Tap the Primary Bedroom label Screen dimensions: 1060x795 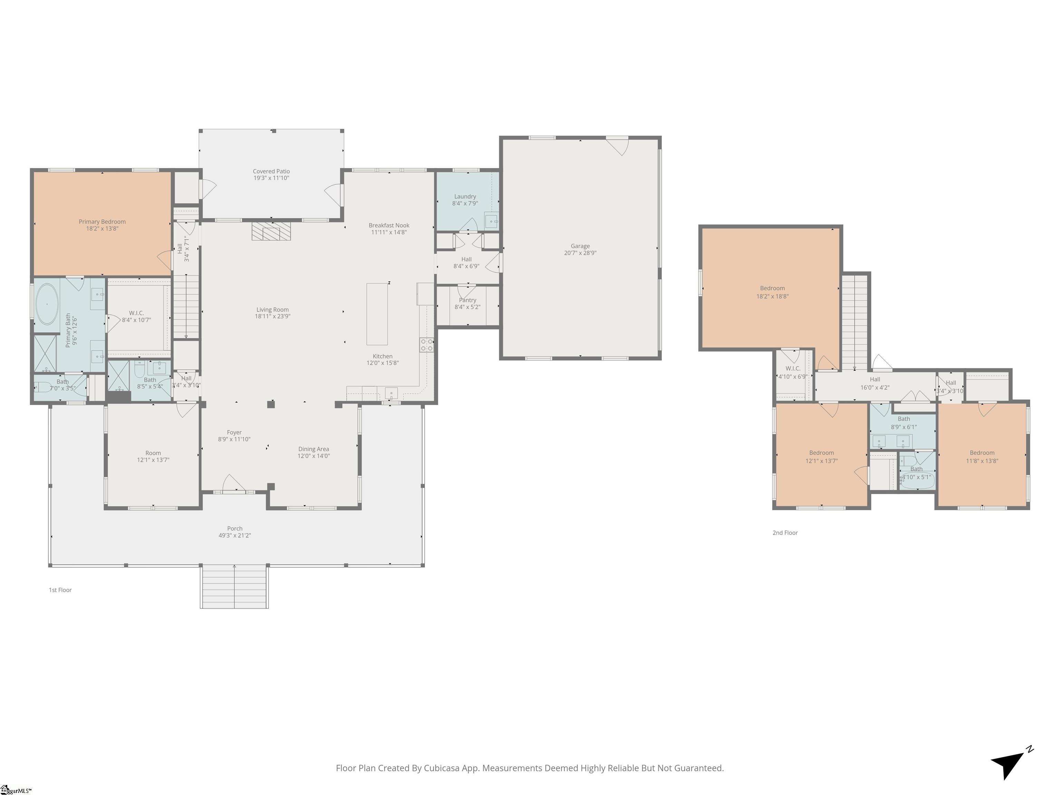pyautogui.click(x=102, y=222)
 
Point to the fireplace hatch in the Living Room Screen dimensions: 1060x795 pyautogui.click(x=271, y=231)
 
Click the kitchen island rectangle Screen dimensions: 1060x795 pyautogui.click(x=377, y=314)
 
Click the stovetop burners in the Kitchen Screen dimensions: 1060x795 pyautogui.click(x=426, y=345)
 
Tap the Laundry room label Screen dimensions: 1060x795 pyautogui.click(x=465, y=196)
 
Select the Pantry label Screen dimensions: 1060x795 pyautogui.click(x=467, y=300)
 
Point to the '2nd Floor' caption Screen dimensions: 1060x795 pyautogui.click(x=785, y=533)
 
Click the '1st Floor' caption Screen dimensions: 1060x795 pyautogui.click(x=60, y=590)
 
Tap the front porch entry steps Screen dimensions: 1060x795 pyautogui.click(x=234, y=587)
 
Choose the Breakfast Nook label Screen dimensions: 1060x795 pyautogui.click(x=389, y=225)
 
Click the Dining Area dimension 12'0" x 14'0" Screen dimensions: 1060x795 pyautogui.click(x=313, y=456)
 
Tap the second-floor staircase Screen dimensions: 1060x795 pyautogui.click(x=855, y=321)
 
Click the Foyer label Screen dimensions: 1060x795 pyautogui.click(x=234, y=432)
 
